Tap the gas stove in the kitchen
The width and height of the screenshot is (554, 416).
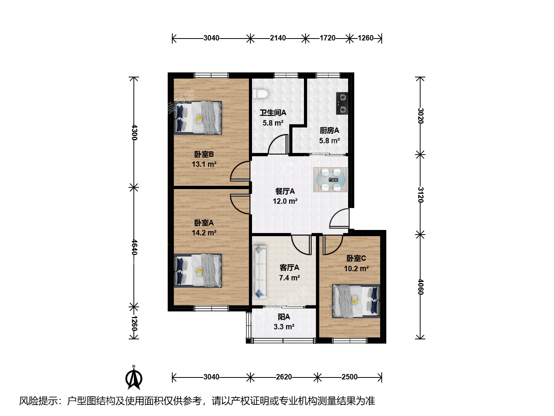pos(342,103)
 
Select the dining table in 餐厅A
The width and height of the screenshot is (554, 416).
pos(330,179)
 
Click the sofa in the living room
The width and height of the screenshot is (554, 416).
pos(259,272)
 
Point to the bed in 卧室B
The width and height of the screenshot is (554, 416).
pos(198,118)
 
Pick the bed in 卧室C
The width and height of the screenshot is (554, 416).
pos(356,301)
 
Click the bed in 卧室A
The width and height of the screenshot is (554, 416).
pos(198,270)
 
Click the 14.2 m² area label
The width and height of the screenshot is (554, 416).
pos(204,233)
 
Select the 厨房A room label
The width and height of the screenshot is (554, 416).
pos(329,130)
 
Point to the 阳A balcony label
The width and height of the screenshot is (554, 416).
pos(284,317)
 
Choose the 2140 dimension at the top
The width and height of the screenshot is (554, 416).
pos(278,38)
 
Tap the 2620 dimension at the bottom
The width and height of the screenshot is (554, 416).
pos(284,377)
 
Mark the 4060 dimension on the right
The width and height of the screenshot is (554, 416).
pos(420,287)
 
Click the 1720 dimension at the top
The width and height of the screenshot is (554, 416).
pos(328,38)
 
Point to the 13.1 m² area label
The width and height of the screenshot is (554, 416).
pos(204,164)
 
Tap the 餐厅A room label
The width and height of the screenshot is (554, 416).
pos(285,191)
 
